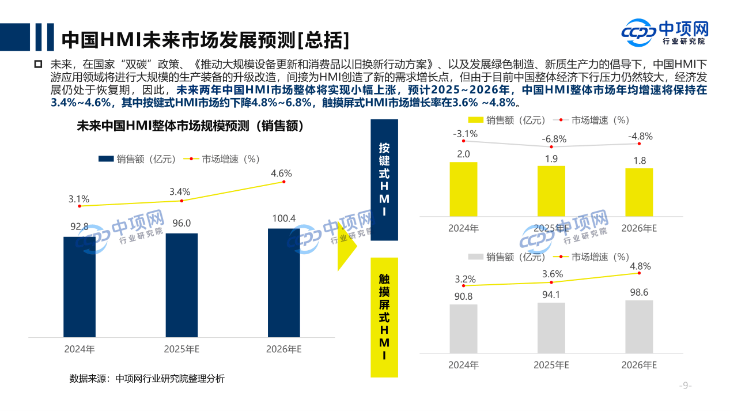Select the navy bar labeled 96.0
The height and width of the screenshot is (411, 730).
(x=181, y=285)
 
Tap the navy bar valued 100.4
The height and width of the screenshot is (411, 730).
(x=284, y=282)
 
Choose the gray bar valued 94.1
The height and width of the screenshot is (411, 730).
(x=551, y=327)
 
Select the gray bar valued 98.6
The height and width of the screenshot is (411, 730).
(x=639, y=326)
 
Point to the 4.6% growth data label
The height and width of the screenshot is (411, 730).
(x=281, y=173)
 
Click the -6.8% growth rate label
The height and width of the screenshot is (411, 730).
(x=554, y=139)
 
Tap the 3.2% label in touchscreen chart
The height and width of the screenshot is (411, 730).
(x=465, y=279)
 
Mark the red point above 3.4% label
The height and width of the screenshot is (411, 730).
(x=181, y=201)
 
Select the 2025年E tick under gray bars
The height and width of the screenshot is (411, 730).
(x=551, y=365)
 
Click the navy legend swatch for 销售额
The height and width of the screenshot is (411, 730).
(x=107, y=160)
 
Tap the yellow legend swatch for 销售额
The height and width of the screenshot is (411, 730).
(x=475, y=120)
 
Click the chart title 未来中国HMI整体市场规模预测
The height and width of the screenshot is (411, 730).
(x=190, y=126)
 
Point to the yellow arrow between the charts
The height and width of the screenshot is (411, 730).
(x=347, y=246)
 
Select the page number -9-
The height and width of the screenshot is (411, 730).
(x=685, y=386)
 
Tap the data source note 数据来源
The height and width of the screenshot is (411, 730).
(x=147, y=379)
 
